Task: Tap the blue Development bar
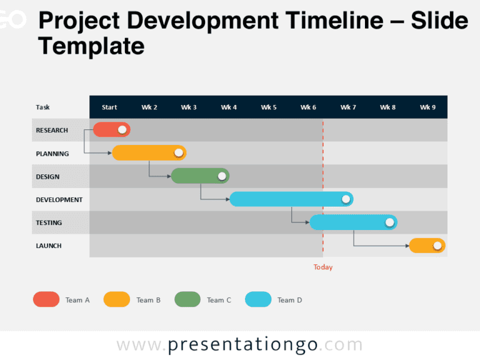[x=284, y=199]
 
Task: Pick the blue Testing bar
[x=347, y=222]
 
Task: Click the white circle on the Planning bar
[x=179, y=152]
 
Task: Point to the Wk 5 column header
[x=269, y=107]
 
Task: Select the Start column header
[x=109, y=107]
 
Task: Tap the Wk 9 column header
[x=427, y=107]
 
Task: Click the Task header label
[x=43, y=107]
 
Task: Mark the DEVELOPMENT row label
[x=59, y=200]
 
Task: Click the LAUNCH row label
[x=49, y=246]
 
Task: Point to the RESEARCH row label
[x=52, y=131]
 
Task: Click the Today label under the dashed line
[x=323, y=267]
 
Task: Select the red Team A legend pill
[x=46, y=299]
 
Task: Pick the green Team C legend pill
[x=187, y=299]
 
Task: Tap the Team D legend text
[x=289, y=301]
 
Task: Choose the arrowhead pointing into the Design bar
[x=169, y=176]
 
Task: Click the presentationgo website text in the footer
[x=240, y=345]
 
